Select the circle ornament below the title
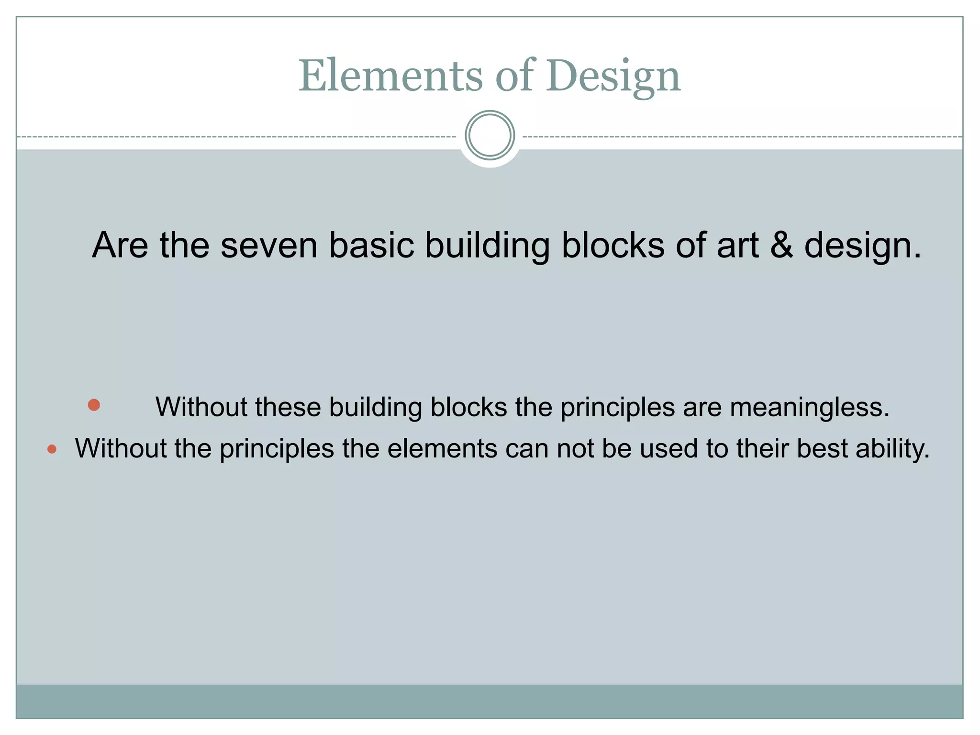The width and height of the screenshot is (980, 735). click(x=490, y=135)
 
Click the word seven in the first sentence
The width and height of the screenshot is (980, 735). click(x=269, y=245)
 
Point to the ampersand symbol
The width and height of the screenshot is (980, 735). click(x=781, y=245)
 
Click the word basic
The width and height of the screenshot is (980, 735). click(x=371, y=245)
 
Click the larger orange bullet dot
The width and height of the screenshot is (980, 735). click(x=94, y=405)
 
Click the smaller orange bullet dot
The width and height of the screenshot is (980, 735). click(x=52, y=449)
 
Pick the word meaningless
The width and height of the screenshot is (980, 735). click(x=810, y=408)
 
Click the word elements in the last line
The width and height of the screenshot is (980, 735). click(x=442, y=449)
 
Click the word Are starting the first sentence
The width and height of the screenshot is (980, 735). click(x=120, y=245)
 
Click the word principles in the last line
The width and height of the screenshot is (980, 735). click(x=277, y=449)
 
